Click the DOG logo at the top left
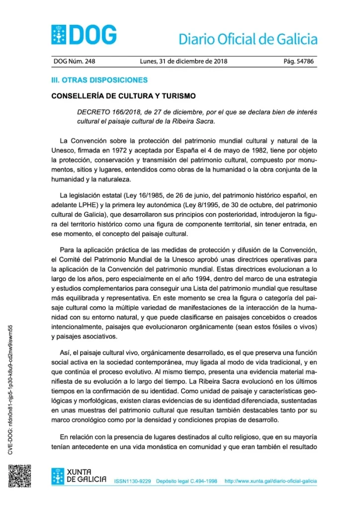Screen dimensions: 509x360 click(84, 34)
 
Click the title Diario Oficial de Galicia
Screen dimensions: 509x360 click(248, 39)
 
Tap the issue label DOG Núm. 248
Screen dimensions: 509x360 click(74, 62)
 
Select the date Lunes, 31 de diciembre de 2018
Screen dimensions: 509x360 click(184, 62)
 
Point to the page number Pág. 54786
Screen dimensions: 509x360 click(299, 62)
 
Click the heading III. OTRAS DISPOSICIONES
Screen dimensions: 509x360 click(100, 80)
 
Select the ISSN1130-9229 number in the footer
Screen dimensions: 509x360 click(133, 482)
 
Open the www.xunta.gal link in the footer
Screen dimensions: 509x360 click(270, 482)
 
